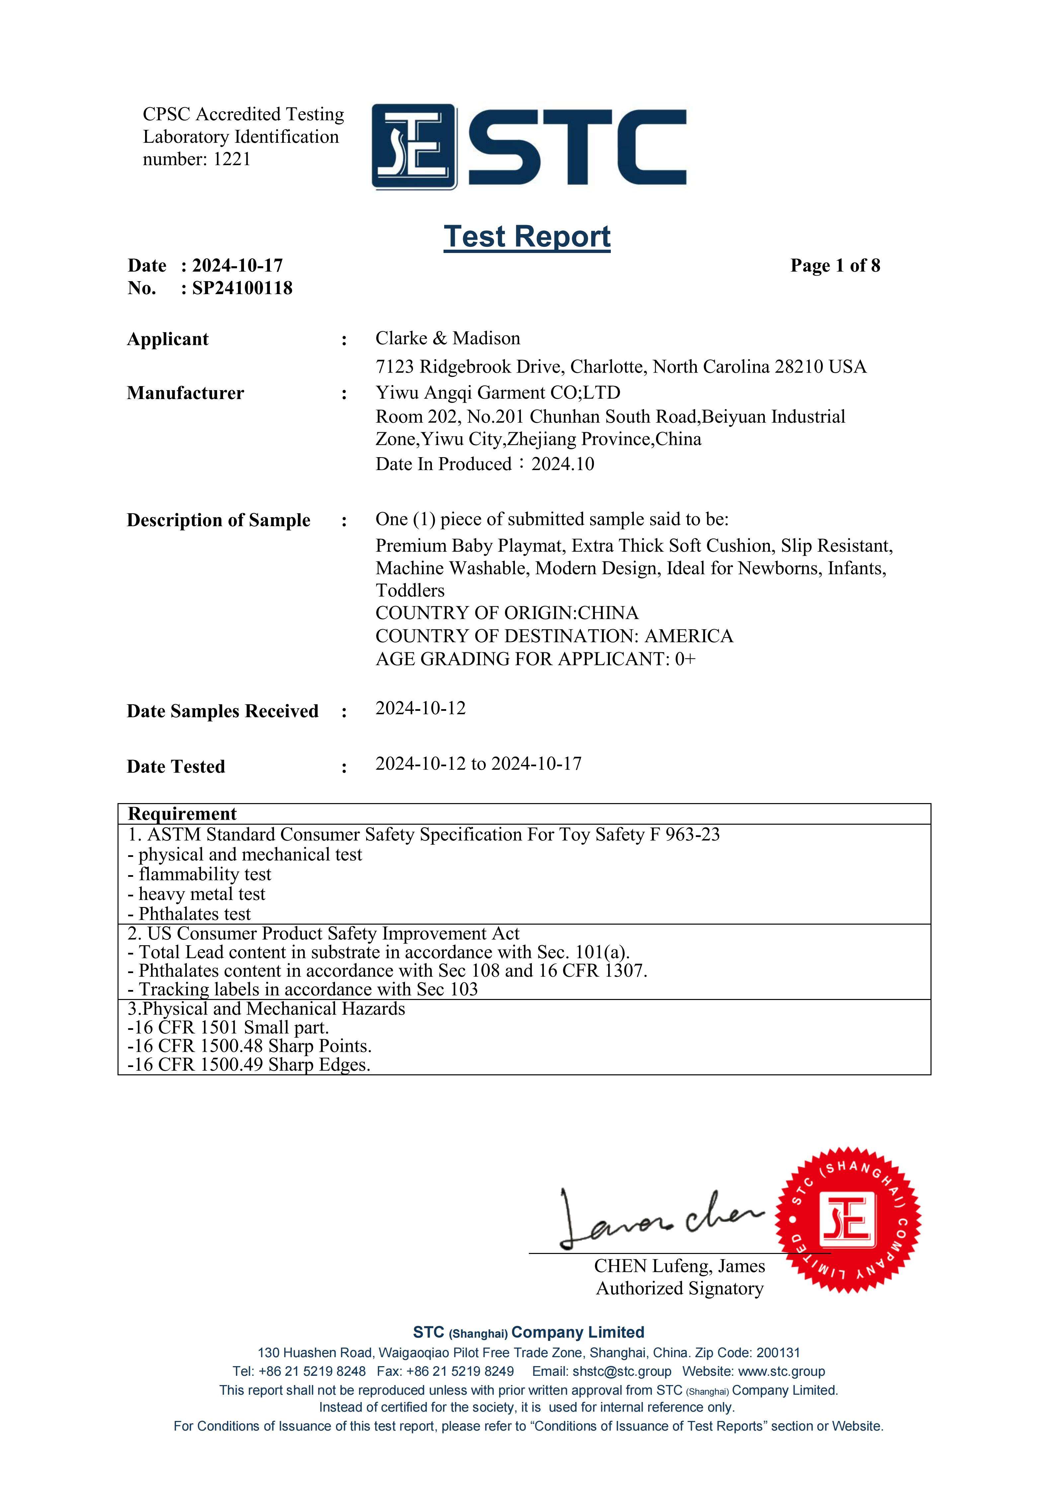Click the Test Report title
[527, 236]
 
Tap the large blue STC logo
[529, 147]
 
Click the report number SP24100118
[242, 288]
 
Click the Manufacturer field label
[186, 393]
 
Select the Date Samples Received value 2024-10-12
[421, 708]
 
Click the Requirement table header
[182, 814]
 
